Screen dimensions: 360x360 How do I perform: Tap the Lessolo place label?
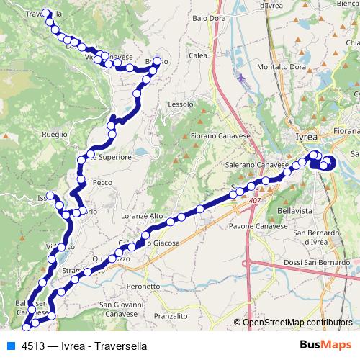181,104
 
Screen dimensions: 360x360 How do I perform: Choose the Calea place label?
198,55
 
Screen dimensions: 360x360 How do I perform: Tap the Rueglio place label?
55,134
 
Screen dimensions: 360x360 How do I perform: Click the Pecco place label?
103,183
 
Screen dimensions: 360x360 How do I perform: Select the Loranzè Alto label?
143,215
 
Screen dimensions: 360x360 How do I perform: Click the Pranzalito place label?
170,315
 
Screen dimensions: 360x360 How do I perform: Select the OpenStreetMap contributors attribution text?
297,323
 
